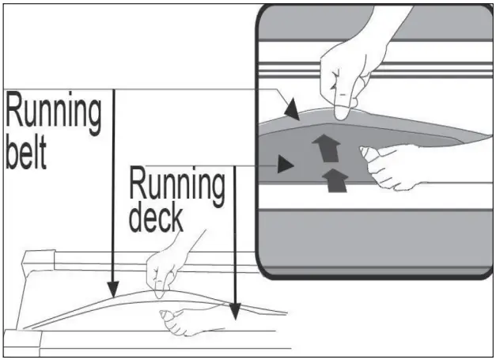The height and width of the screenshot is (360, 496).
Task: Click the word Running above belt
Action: (54, 113)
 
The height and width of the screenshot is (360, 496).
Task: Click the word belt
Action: (26, 152)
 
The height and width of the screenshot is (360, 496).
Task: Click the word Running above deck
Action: (177, 185)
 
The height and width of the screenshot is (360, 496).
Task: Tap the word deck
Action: (156, 218)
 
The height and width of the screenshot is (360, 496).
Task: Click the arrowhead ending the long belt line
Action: (113, 290)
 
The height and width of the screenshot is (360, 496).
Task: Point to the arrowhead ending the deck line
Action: (235, 311)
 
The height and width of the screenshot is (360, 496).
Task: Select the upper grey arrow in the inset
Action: (327, 148)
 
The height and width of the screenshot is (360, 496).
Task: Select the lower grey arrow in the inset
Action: (335, 180)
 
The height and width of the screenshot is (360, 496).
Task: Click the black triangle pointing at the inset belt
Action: (292, 109)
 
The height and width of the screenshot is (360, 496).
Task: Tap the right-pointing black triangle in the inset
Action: (286, 164)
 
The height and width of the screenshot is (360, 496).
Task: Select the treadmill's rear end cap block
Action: (39, 260)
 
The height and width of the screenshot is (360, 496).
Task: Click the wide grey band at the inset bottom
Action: (375, 237)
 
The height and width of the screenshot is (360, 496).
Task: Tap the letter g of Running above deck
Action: (217, 190)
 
